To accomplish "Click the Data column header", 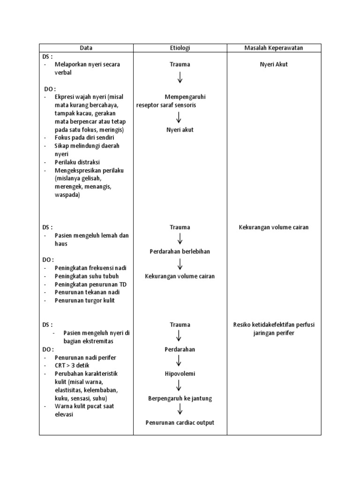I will [x=86, y=48].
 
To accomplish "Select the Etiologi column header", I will [x=180, y=48].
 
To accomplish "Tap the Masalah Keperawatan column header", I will [x=274, y=48].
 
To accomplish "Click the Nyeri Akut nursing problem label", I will [x=274, y=65].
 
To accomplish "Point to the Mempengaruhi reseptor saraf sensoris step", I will [x=172, y=101].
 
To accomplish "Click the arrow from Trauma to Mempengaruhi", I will [x=180, y=78].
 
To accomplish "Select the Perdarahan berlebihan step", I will [x=180, y=252].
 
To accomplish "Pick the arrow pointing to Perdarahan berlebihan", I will [x=180, y=240].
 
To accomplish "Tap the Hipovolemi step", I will [x=180, y=374].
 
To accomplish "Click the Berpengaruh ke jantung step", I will [x=180, y=398].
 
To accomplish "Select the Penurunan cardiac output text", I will [x=180, y=423].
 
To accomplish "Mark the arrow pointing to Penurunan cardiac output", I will [x=180, y=410].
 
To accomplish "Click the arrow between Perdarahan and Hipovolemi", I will [x=180, y=361].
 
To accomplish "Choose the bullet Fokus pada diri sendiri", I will [x=84, y=138].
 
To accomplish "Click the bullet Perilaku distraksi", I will [x=77, y=162].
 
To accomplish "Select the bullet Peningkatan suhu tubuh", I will [x=83, y=276].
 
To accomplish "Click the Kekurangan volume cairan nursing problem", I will [x=274, y=228].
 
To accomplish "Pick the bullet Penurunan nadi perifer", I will [x=85, y=358].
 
